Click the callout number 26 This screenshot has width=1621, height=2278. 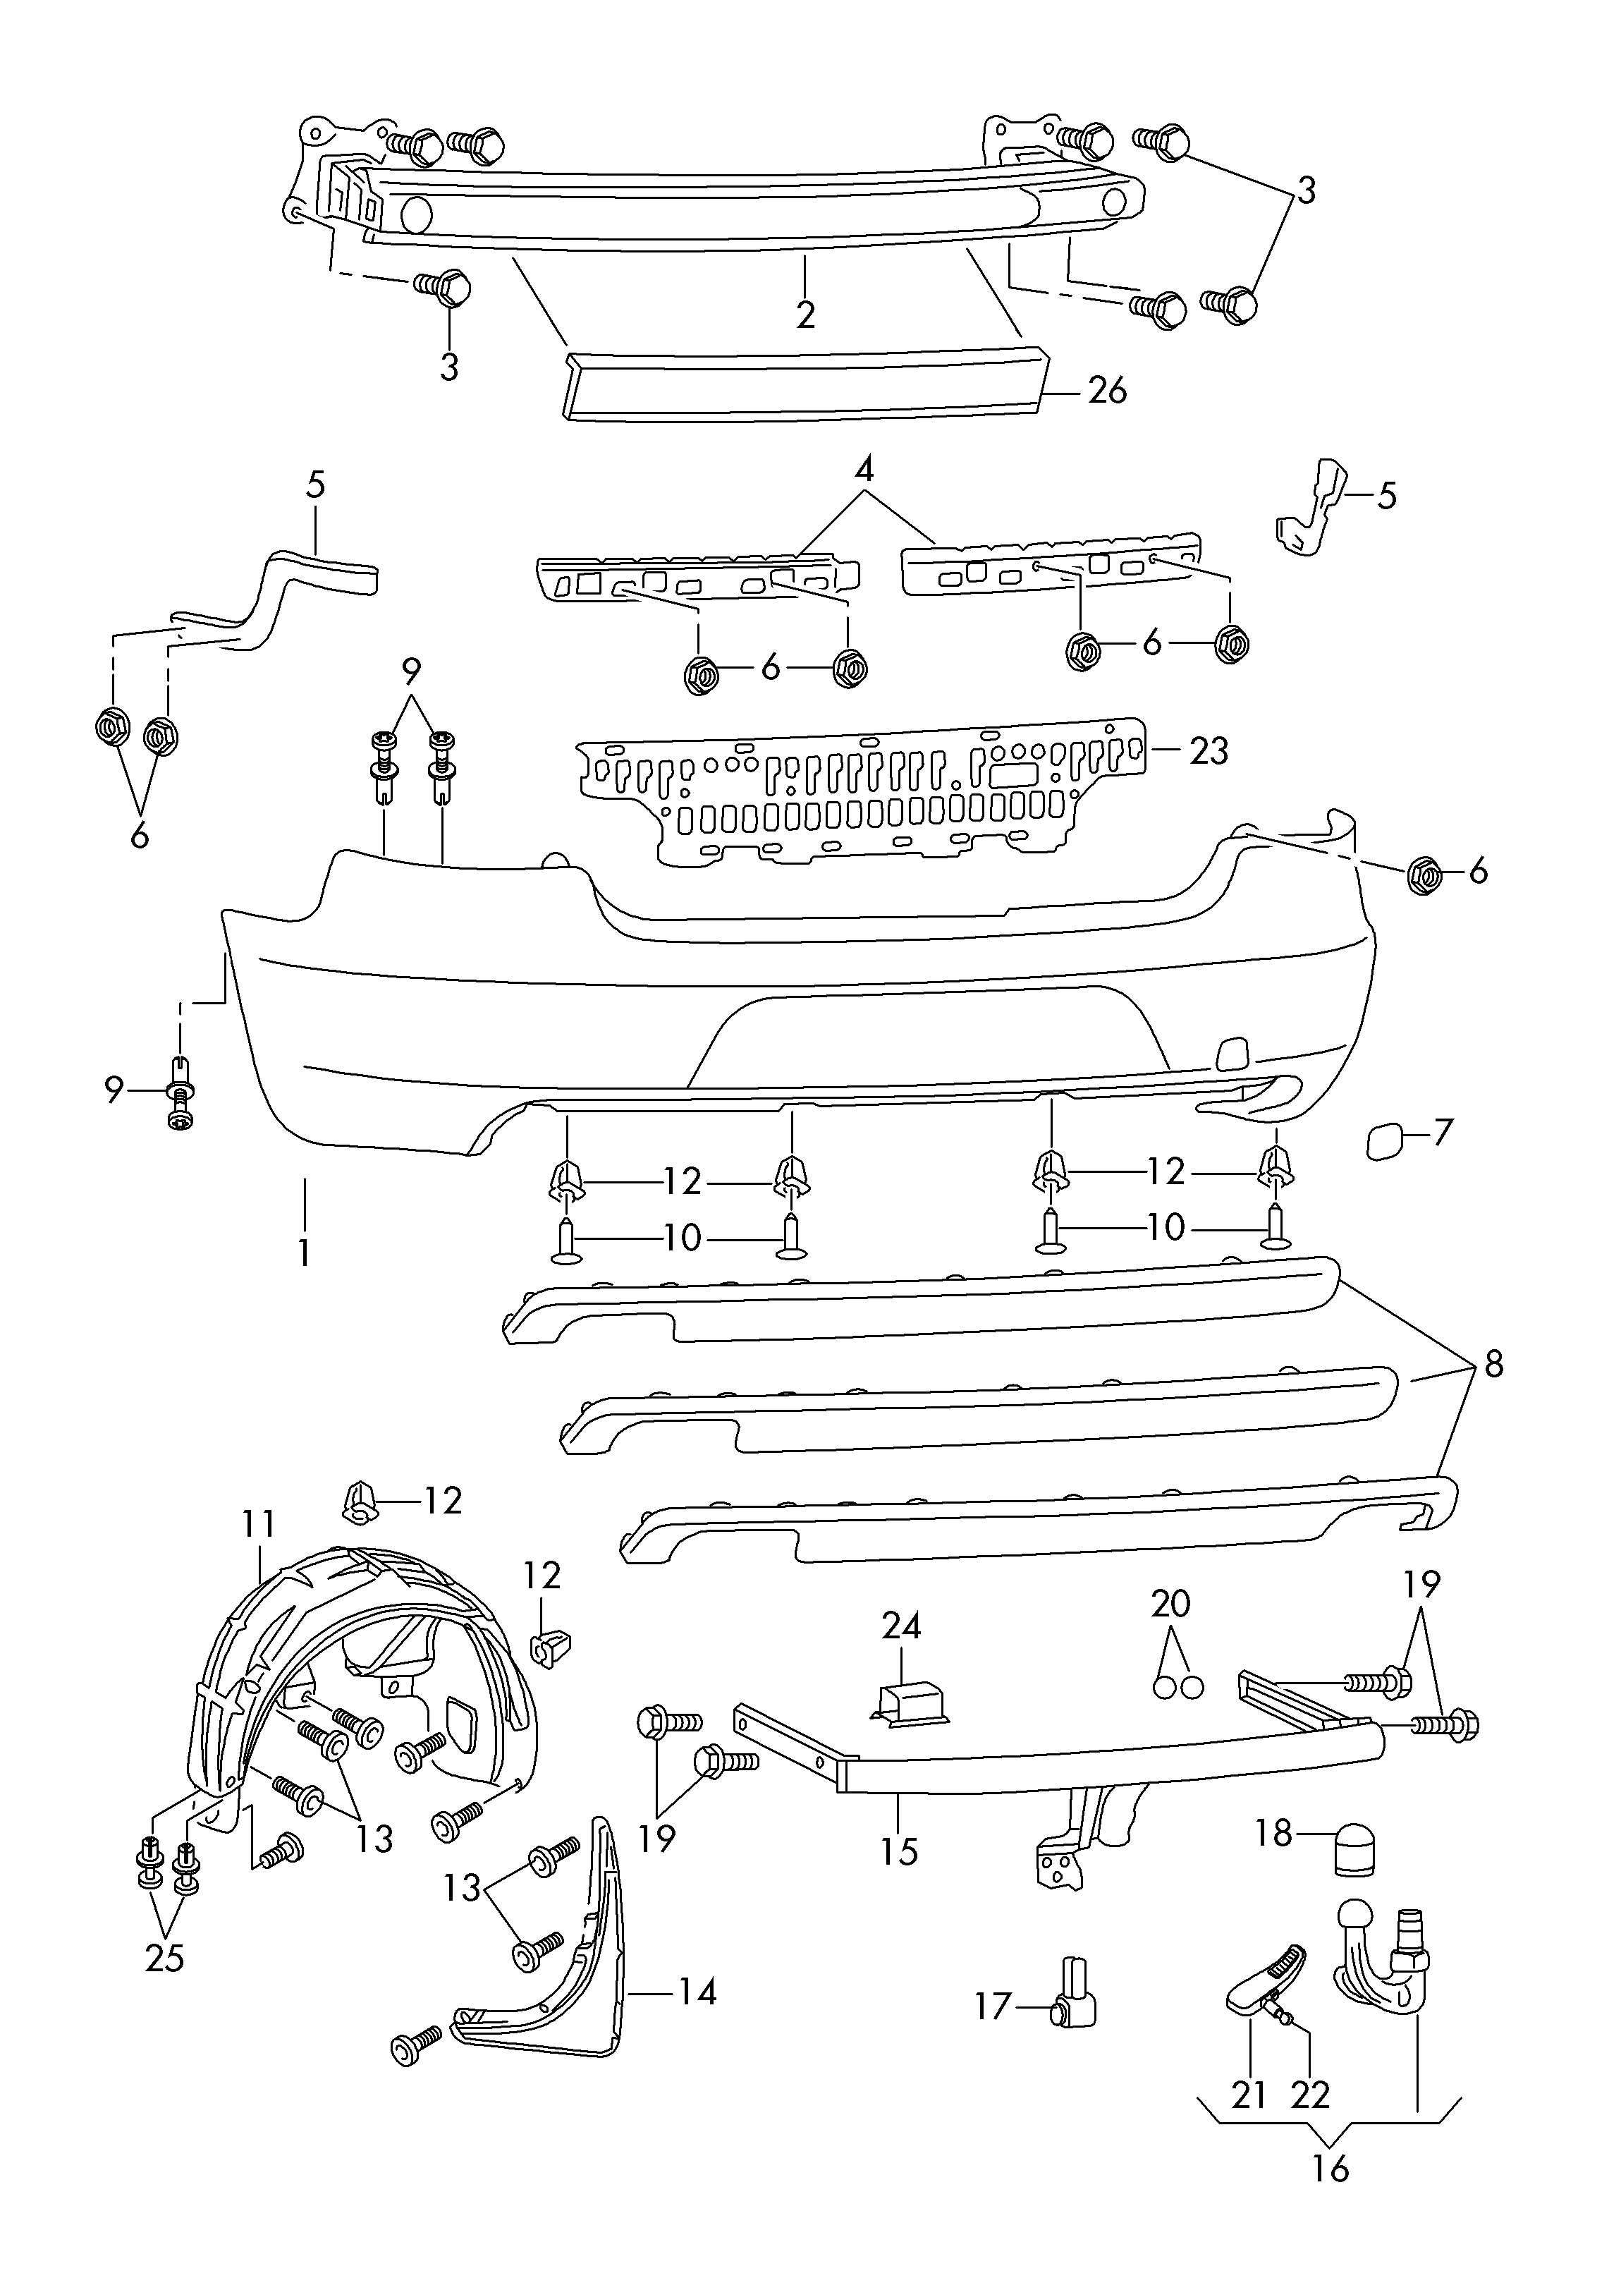click(1107, 390)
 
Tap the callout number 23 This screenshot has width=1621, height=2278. click(1209, 750)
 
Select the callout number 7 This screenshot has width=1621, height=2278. click(1443, 1133)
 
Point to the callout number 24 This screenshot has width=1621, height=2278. click(901, 1626)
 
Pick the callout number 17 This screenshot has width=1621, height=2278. click(994, 2006)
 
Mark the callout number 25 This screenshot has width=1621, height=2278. click(165, 1959)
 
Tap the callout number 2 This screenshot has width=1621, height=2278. click(805, 315)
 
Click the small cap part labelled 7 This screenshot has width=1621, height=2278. click(1384, 1140)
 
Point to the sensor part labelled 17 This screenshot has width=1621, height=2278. click(1075, 1994)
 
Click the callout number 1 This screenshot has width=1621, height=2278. click(305, 1253)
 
